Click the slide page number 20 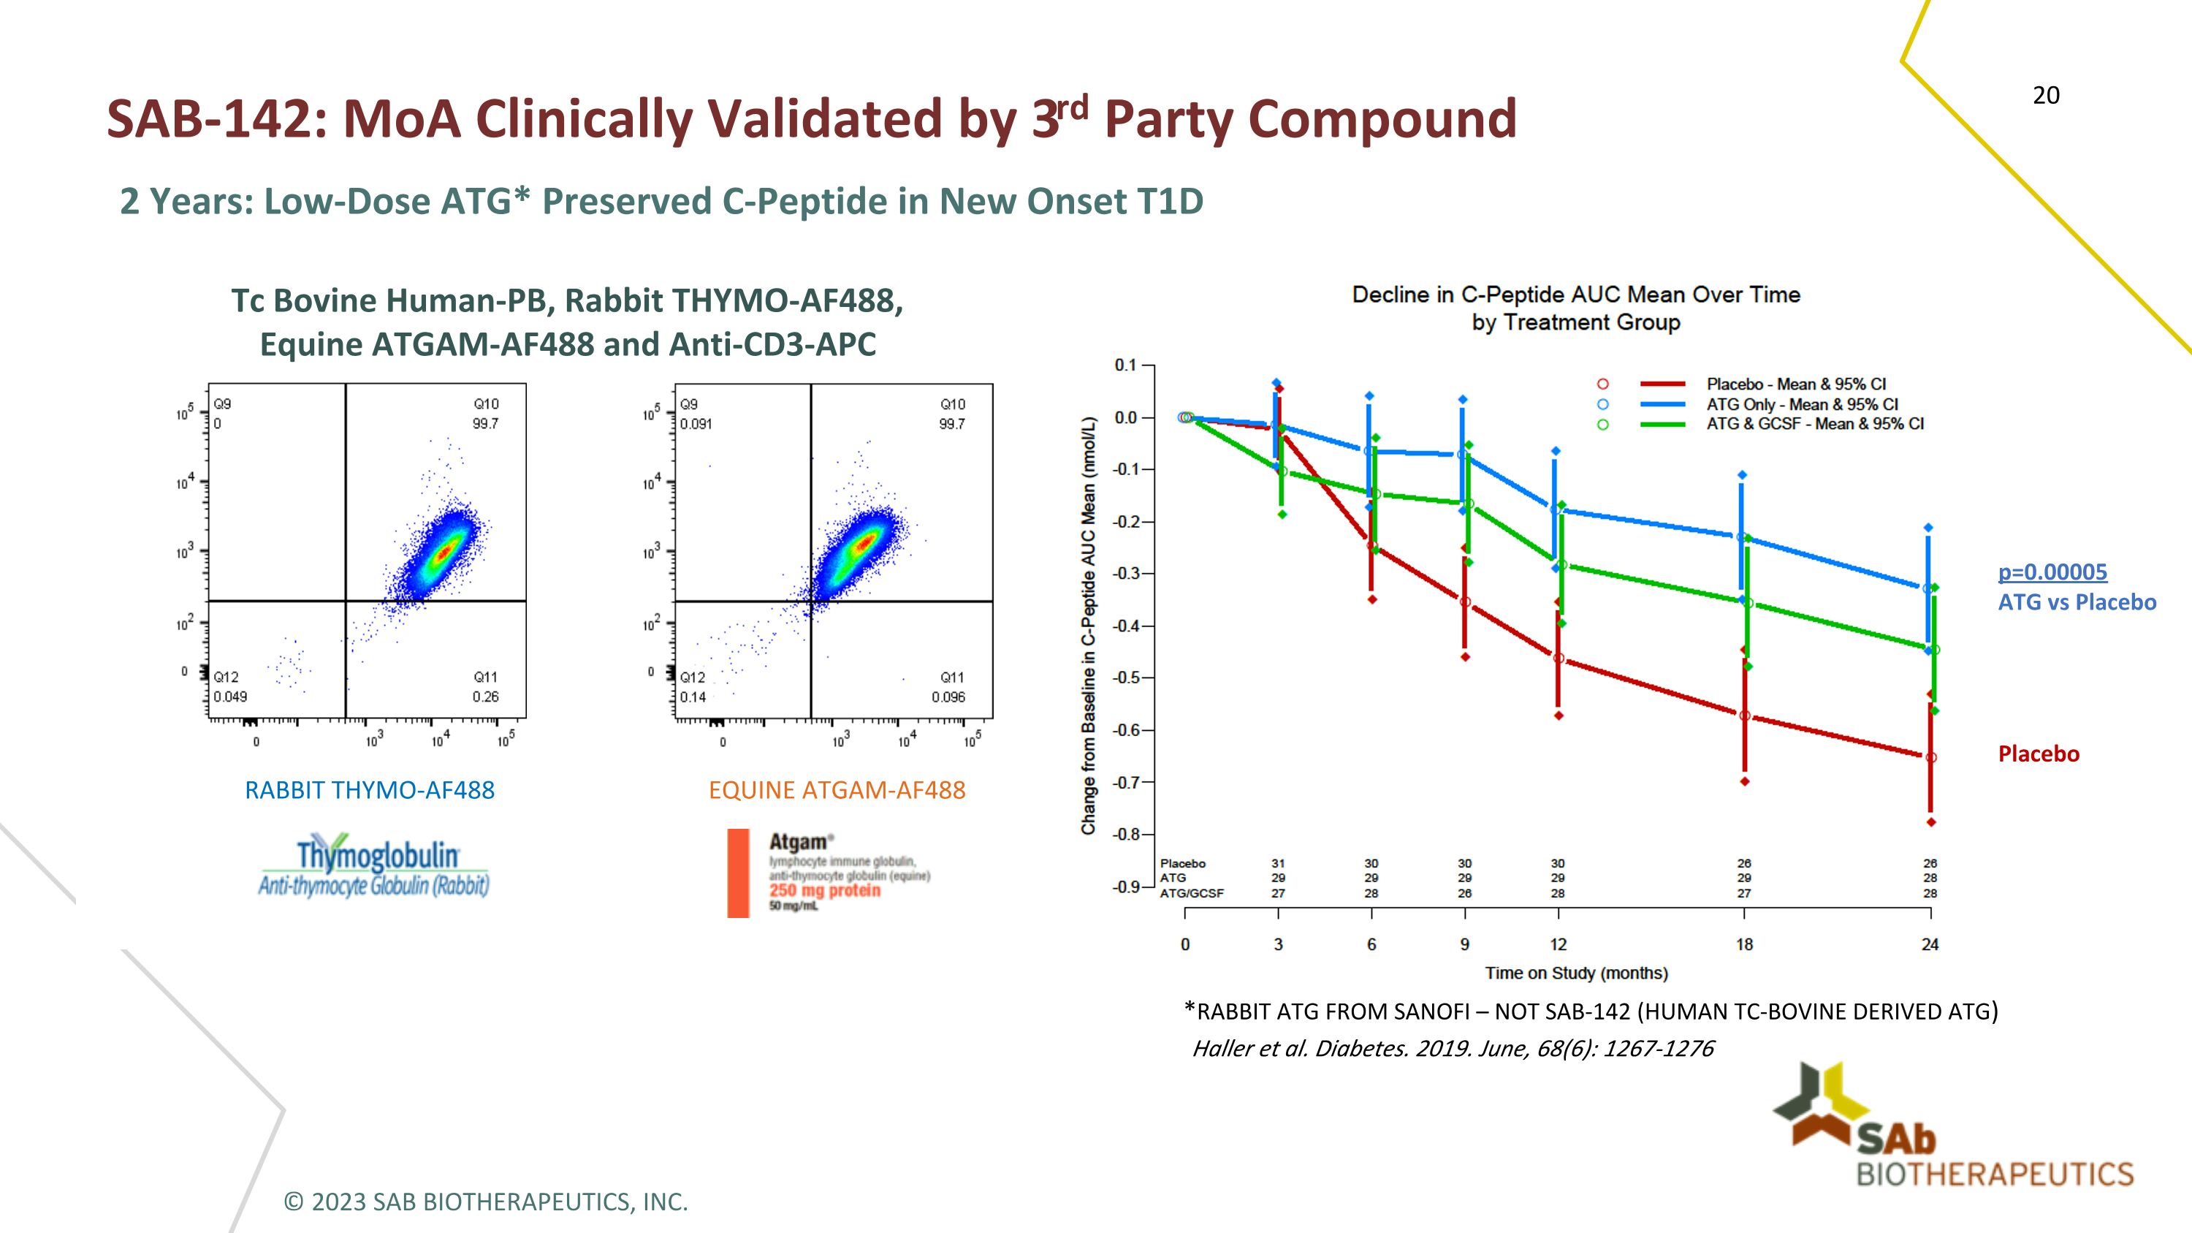(2046, 95)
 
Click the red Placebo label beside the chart (2038, 754)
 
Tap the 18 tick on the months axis (1744, 944)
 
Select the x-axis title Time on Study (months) (1576, 973)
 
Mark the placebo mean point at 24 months (1930, 757)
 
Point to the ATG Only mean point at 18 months (1741, 538)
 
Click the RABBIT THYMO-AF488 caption (369, 791)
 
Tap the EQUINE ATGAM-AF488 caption (837, 791)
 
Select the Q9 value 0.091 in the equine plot (696, 424)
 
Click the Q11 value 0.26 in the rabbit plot (485, 697)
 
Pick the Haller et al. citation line (1453, 1048)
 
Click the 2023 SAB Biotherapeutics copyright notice (485, 1202)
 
